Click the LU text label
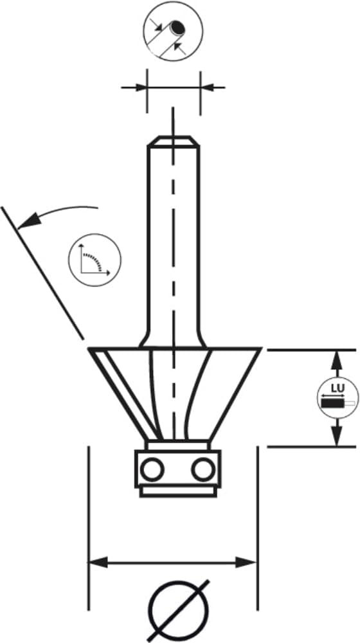click(x=338, y=388)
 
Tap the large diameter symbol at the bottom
click(x=178, y=611)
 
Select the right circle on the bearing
click(x=203, y=469)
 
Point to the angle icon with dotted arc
click(x=94, y=260)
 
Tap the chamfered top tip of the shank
click(x=174, y=141)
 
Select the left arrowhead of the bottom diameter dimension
click(x=99, y=562)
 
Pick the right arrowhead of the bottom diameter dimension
click(x=247, y=562)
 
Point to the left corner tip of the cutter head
click(x=89, y=349)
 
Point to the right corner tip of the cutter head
click(x=261, y=349)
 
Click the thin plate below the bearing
click(x=178, y=492)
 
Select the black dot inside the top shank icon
click(x=178, y=27)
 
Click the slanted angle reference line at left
click(x=42, y=273)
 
